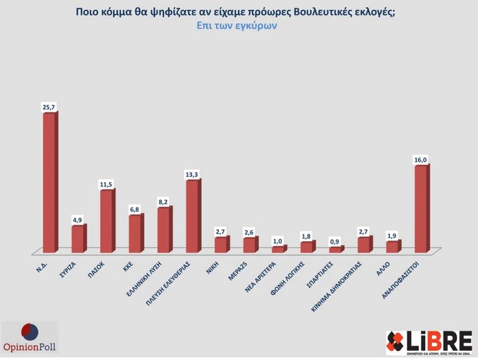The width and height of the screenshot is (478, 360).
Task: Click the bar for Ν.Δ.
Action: coord(49,182)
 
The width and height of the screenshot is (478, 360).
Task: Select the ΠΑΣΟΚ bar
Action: coord(106,221)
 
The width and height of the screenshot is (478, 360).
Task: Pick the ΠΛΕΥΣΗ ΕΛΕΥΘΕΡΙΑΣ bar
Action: coord(192,216)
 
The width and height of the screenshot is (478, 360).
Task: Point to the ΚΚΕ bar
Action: coord(134,233)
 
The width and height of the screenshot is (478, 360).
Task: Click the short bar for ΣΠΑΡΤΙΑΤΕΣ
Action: coord(334,250)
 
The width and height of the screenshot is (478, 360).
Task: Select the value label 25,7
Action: coord(48,105)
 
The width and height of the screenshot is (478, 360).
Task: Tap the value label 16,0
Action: coord(421,159)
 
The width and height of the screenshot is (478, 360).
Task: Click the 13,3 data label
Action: coord(192,173)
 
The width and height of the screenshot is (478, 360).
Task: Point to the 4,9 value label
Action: coord(77,219)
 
